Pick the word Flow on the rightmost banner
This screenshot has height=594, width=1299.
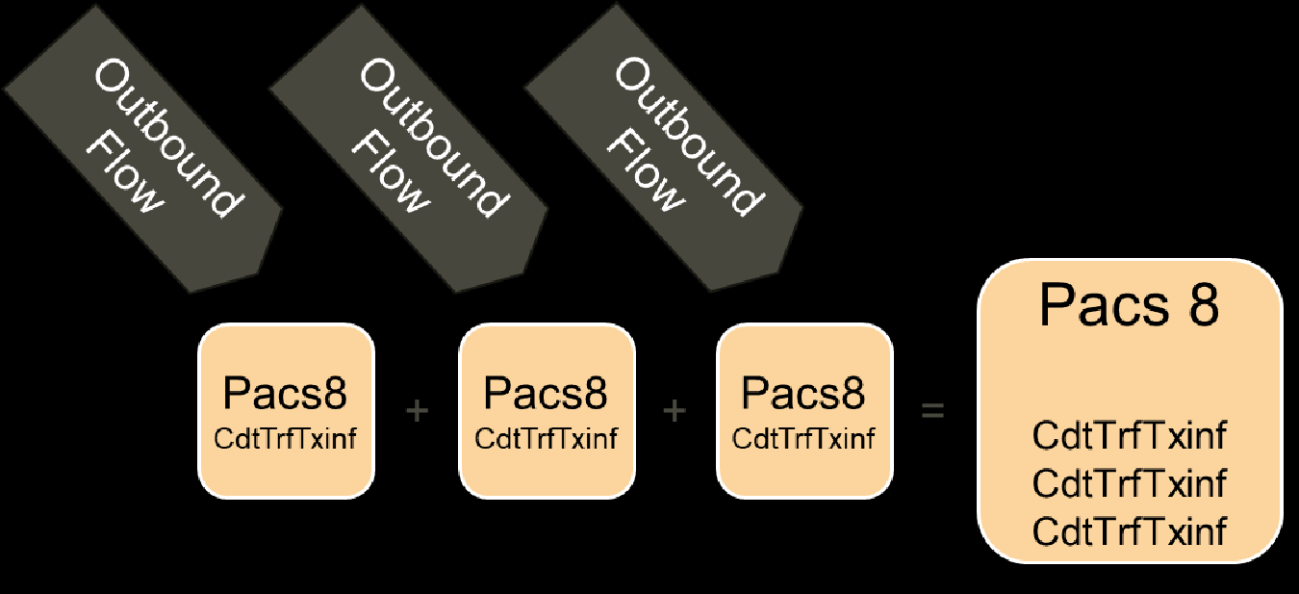[644, 172]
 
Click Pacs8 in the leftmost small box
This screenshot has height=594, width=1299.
[285, 394]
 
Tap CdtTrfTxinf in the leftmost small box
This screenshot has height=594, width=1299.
[285, 439]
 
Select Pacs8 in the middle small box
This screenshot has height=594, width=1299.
[546, 394]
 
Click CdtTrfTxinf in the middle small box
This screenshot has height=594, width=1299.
[546, 439]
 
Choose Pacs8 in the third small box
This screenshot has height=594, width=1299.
[803, 394]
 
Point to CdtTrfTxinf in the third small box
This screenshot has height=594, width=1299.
[803, 439]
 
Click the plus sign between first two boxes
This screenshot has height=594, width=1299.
[417, 411]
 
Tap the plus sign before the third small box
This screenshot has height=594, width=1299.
[675, 411]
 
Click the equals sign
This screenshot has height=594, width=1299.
[932, 411]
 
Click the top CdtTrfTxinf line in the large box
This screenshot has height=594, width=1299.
[1130, 436]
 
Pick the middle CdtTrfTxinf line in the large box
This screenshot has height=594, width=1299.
[1130, 483]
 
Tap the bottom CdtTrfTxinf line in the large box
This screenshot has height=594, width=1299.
[1130, 530]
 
